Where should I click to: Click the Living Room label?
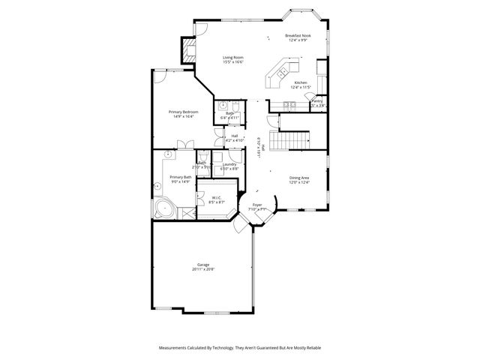point(233,57)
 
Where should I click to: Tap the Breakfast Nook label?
point(298,36)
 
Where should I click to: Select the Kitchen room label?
point(301,82)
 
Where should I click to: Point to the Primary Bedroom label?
point(184,112)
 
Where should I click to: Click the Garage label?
point(203,264)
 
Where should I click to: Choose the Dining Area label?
point(299,178)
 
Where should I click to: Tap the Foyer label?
point(256,204)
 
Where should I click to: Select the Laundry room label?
point(230,164)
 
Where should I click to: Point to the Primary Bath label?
point(170,177)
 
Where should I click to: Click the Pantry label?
point(317,100)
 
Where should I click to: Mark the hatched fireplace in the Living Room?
point(188,50)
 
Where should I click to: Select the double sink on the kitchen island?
point(282,73)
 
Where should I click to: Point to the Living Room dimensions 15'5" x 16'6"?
point(233,61)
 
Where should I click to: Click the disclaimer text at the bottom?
point(239,348)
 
